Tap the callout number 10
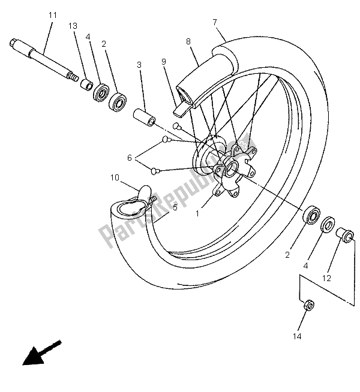coord(114,177)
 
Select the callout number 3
coord(139,65)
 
